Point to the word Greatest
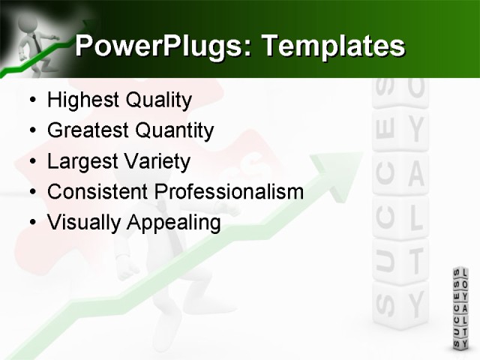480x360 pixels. click(x=85, y=130)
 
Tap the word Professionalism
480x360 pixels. click(x=229, y=192)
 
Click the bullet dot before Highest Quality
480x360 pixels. click(x=31, y=100)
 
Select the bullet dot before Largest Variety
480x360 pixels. click(x=31, y=162)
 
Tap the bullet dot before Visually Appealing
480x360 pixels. click(x=31, y=223)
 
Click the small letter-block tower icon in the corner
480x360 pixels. click(x=460, y=307)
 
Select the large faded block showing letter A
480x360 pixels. click(x=415, y=175)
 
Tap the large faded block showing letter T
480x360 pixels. click(x=416, y=260)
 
